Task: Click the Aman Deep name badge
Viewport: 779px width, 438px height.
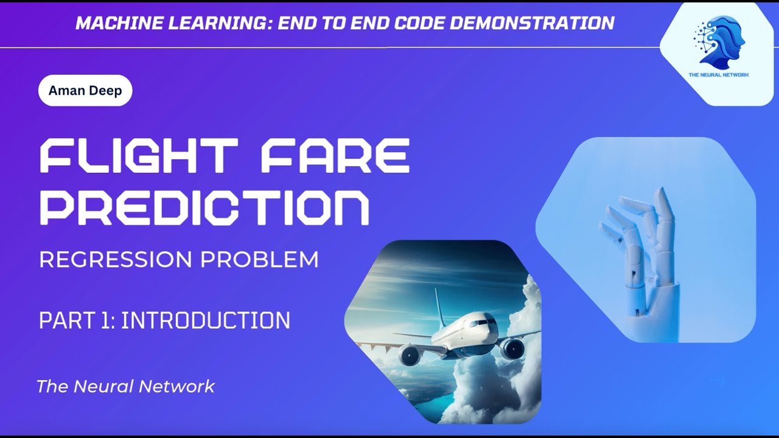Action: coord(85,91)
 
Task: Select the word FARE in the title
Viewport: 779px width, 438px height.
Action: coord(334,156)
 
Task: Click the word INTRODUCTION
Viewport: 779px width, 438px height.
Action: coord(206,321)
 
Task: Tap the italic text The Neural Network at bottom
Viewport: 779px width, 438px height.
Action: coord(125,386)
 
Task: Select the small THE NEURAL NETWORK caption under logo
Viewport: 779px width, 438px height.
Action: coord(719,75)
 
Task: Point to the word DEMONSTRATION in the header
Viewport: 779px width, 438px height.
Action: coord(536,23)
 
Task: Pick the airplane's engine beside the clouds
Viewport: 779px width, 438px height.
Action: coord(512,349)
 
